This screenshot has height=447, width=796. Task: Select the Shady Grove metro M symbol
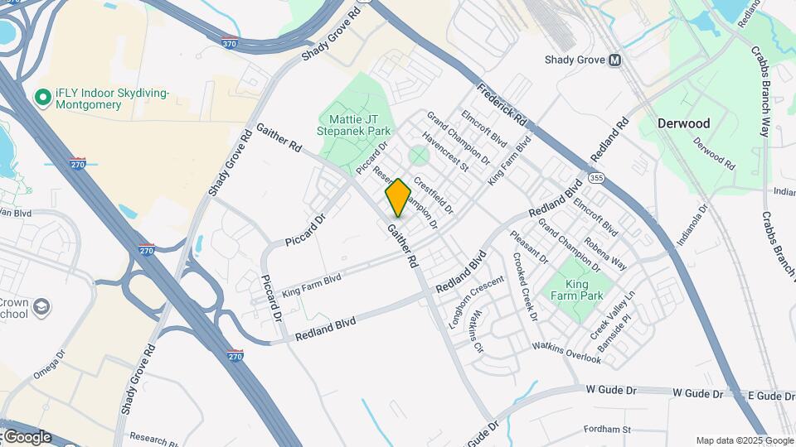point(614,60)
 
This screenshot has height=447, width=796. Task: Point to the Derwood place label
point(683,123)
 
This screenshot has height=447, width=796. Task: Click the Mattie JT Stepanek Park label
point(354,125)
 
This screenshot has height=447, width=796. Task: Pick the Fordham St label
point(607,430)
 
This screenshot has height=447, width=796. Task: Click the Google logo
point(27,436)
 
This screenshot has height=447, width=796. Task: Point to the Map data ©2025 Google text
point(744,440)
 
